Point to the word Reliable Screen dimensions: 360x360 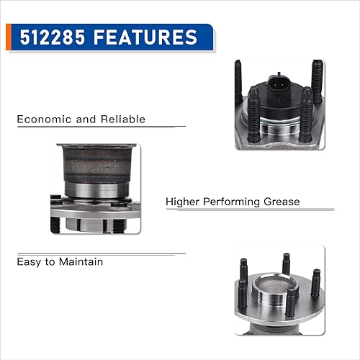click(120, 119)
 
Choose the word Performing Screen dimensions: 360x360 click(236, 202)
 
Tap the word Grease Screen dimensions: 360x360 click(282, 202)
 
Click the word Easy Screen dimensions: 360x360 click(30, 261)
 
